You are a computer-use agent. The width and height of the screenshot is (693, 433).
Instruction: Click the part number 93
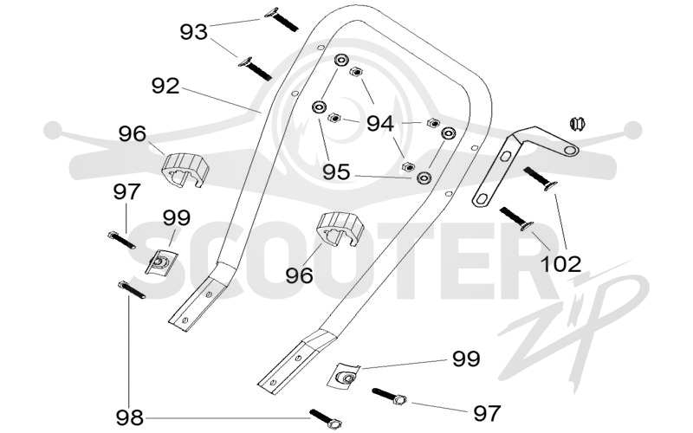[x=193, y=32]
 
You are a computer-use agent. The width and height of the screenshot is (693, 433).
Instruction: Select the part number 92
[x=165, y=86]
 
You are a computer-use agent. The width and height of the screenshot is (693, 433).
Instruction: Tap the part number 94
[x=380, y=124]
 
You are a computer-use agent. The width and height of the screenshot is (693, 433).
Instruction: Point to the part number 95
[x=336, y=171]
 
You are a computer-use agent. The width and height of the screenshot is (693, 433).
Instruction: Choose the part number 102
[x=560, y=264]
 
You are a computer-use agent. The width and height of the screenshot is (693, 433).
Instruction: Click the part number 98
[x=130, y=417]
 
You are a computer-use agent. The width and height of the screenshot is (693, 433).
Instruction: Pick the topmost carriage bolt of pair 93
[x=281, y=19]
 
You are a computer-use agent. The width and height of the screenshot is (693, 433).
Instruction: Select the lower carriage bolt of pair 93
[x=255, y=69]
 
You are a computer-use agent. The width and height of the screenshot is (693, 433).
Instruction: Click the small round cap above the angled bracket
[x=577, y=123]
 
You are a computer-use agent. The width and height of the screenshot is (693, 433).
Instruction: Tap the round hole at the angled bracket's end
[x=571, y=151]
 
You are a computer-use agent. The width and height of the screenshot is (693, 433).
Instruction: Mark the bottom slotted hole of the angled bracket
[x=483, y=199]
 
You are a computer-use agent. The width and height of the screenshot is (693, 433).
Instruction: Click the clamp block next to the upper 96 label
[x=185, y=170]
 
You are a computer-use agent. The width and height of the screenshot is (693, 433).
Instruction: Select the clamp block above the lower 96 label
[x=340, y=229]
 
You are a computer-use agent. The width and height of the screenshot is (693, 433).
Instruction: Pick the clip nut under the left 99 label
[x=161, y=262]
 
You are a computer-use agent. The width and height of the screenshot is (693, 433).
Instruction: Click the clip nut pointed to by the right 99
[x=344, y=376]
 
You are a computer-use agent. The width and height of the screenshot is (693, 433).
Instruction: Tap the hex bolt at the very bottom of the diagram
[x=327, y=419]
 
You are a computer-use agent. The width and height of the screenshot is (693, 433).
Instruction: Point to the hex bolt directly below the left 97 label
[x=121, y=241]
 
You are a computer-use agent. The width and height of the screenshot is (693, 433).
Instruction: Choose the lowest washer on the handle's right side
[x=424, y=178]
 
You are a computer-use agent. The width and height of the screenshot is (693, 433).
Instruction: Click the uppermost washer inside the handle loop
[x=340, y=60]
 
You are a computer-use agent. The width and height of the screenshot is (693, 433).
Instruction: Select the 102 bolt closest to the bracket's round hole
[x=540, y=178]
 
